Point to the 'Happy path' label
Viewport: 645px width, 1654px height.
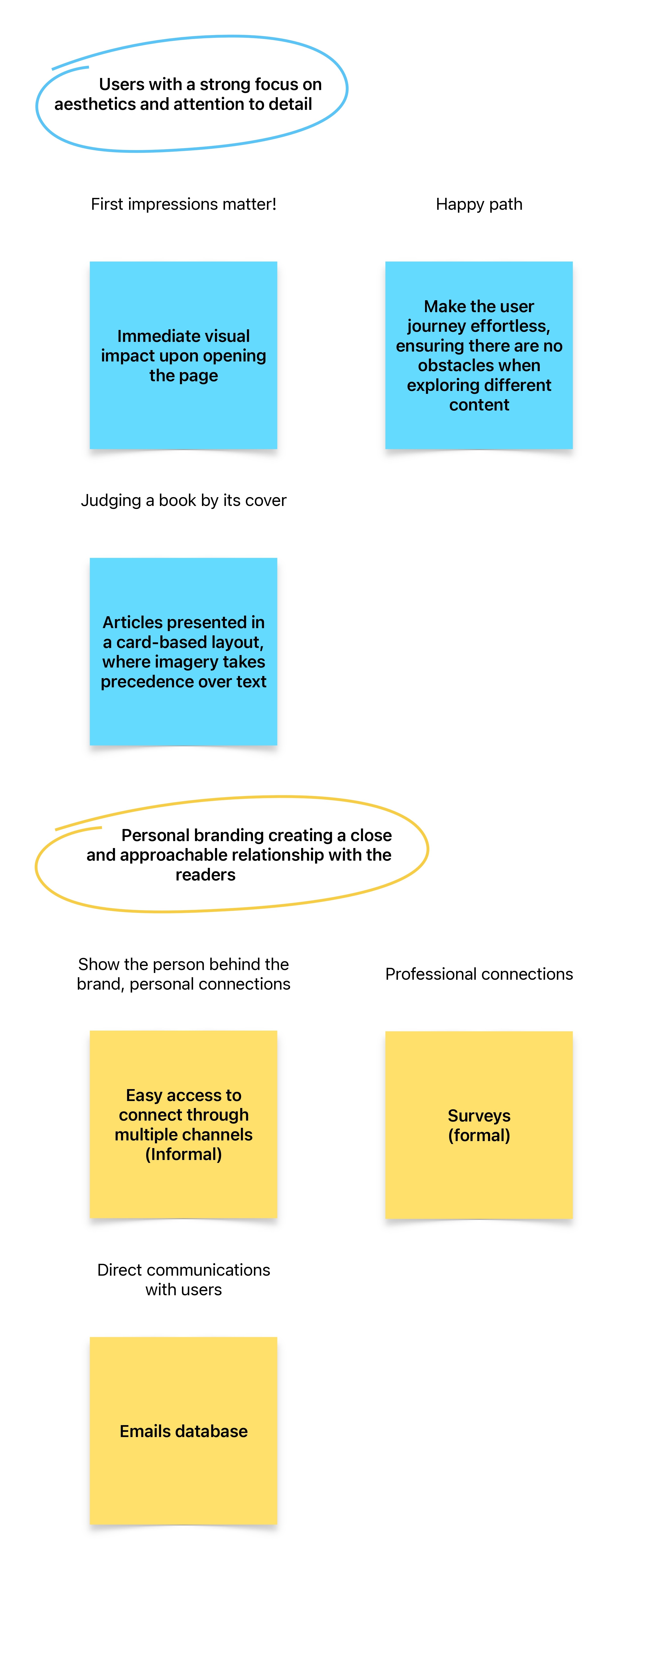click(x=479, y=204)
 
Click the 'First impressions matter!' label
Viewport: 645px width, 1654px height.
click(x=184, y=204)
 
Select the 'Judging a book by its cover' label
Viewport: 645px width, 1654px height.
click(x=184, y=500)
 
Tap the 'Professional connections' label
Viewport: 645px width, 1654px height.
click(x=479, y=974)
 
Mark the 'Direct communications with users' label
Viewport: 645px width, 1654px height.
click(x=184, y=1280)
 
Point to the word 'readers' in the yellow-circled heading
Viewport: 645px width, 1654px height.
click(x=205, y=875)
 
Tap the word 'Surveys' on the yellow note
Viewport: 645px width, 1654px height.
click(x=479, y=1115)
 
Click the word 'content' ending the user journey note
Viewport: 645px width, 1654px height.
click(x=479, y=404)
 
